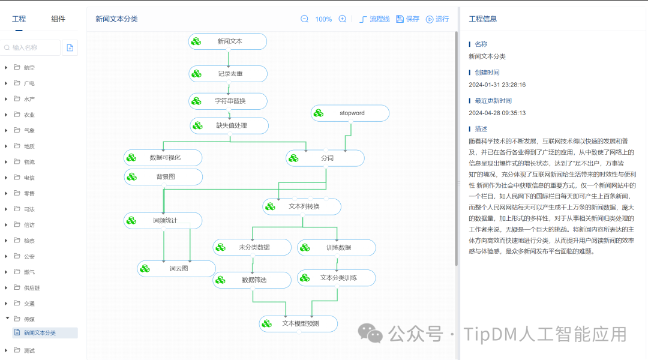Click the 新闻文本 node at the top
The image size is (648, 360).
click(227, 41)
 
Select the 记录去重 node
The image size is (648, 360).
click(228, 74)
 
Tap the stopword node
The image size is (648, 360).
click(350, 113)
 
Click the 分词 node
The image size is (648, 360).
click(325, 158)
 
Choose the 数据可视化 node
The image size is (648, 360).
click(163, 158)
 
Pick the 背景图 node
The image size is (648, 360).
click(163, 177)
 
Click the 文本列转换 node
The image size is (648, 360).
click(302, 206)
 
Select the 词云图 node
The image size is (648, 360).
click(176, 268)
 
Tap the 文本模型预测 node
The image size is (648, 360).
click(299, 323)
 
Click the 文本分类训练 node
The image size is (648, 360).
click(337, 278)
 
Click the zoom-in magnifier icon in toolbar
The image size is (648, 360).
click(343, 19)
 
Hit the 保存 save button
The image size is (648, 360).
click(408, 19)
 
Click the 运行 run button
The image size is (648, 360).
click(437, 19)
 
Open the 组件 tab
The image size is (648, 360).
click(58, 19)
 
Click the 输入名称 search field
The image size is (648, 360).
click(33, 47)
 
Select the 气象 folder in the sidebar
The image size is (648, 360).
click(29, 130)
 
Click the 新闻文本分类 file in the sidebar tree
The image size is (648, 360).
click(40, 333)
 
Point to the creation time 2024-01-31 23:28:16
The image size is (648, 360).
click(497, 85)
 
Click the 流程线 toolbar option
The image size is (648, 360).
click(375, 19)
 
